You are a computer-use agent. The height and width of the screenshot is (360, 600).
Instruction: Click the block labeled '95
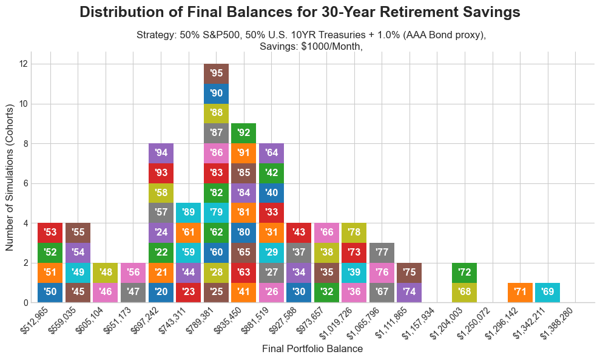click(217, 73)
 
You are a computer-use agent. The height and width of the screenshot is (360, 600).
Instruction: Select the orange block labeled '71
click(520, 293)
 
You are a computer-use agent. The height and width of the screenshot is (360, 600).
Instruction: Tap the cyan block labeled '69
click(547, 293)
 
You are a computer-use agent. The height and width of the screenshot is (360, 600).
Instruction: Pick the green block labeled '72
click(465, 273)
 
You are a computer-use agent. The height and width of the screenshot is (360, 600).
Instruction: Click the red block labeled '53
click(50, 233)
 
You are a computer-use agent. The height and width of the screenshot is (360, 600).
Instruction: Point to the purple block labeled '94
click(161, 153)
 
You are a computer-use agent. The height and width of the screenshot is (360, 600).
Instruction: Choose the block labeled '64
click(271, 153)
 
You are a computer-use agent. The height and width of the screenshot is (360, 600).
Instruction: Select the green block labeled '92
click(244, 133)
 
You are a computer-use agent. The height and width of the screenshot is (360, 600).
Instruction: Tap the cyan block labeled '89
click(189, 213)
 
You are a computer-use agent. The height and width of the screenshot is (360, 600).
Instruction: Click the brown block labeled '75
click(410, 273)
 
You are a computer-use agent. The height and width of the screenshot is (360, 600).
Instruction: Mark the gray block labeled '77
click(382, 253)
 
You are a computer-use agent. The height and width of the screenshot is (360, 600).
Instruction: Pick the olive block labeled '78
click(354, 233)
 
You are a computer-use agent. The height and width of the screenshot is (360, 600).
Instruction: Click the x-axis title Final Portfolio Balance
click(312, 349)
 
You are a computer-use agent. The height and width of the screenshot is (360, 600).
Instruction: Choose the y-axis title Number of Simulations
click(10, 183)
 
